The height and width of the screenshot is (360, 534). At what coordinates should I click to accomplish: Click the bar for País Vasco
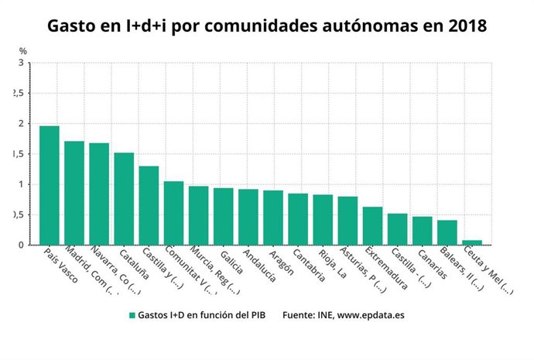(50, 185)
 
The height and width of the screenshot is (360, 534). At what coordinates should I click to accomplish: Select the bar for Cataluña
(124, 199)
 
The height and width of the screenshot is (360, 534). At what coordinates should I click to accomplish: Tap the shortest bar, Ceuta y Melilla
(472, 242)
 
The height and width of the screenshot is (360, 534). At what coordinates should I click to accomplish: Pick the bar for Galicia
(224, 217)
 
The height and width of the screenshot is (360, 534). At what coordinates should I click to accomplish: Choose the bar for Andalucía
(248, 218)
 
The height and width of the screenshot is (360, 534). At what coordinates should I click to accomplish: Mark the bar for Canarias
(423, 231)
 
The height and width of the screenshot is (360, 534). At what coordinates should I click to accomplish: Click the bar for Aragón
(273, 218)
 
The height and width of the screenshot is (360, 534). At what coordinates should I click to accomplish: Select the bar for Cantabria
(298, 219)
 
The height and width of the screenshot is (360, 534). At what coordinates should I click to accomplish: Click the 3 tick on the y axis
(20, 63)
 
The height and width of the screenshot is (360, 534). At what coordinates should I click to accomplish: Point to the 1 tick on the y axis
(20, 184)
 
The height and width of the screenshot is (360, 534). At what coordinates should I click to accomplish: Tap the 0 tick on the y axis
(20, 245)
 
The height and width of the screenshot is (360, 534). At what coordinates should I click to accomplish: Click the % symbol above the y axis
(22, 51)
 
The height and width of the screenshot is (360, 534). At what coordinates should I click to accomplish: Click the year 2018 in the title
(467, 25)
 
